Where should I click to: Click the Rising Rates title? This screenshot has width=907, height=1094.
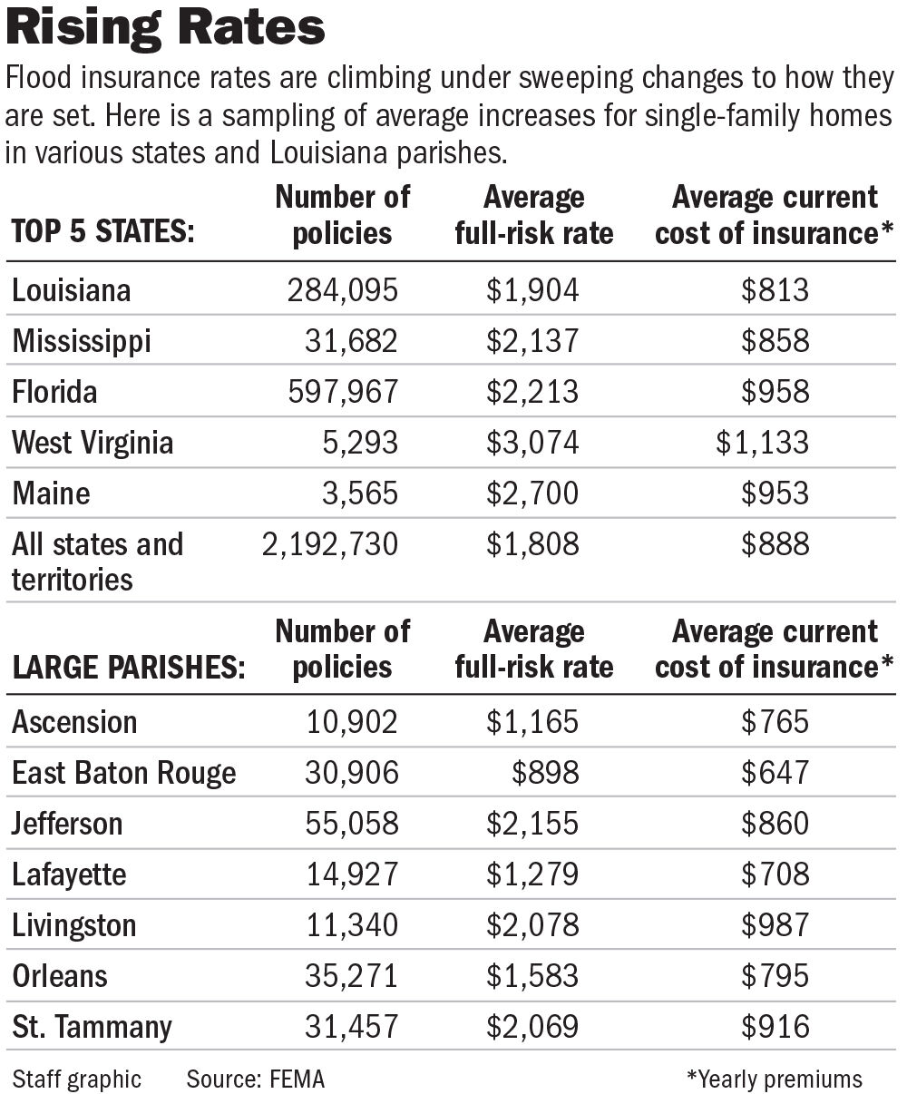point(166,28)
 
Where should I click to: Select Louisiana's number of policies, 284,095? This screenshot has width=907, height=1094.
point(343,290)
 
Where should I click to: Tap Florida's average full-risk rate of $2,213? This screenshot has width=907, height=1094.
point(532,392)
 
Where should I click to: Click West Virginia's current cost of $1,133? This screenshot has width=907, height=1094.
point(762,443)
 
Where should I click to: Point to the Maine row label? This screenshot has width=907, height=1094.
point(52,493)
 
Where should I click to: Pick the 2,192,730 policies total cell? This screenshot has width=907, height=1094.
point(328,544)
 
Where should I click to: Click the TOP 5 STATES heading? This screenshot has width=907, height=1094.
point(102,232)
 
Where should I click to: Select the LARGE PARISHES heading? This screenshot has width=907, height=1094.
point(128,667)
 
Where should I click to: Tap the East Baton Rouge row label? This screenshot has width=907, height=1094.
point(124,773)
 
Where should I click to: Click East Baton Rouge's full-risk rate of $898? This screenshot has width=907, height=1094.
point(544,773)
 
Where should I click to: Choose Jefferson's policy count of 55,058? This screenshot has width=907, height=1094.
point(343,824)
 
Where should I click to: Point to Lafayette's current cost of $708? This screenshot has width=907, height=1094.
point(775,874)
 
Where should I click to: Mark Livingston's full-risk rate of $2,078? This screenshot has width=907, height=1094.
point(532,925)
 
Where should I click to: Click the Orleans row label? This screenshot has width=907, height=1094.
point(60,976)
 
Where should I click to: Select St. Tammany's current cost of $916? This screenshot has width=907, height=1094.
point(775,1027)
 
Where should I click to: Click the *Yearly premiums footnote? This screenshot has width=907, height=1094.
point(775,1079)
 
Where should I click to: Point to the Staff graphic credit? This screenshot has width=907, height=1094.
point(77,1079)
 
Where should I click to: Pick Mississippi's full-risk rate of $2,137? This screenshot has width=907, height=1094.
point(532,341)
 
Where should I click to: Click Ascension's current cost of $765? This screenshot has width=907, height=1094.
point(775,722)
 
